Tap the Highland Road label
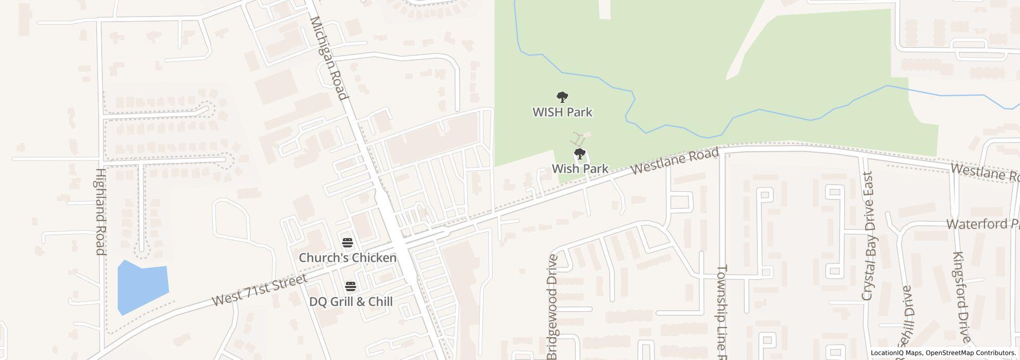[x=100, y=212]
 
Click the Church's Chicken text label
[x=348, y=258]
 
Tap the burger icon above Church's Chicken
[x=348, y=243]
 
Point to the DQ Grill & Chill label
[x=351, y=301]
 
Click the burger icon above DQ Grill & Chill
[x=351, y=286]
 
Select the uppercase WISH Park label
[x=562, y=112]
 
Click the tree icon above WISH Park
[x=562, y=97]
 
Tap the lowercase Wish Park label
[x=580, y=169]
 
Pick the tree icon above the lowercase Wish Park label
[x=580, y=153]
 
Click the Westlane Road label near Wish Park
[x=675, y=161]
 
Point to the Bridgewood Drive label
[x=552, y=307]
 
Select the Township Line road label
[x=722, y=312]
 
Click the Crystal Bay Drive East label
[x=868, y=237]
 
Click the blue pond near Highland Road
[x=142, y=287]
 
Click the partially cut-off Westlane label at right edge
[x=984, y=172]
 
